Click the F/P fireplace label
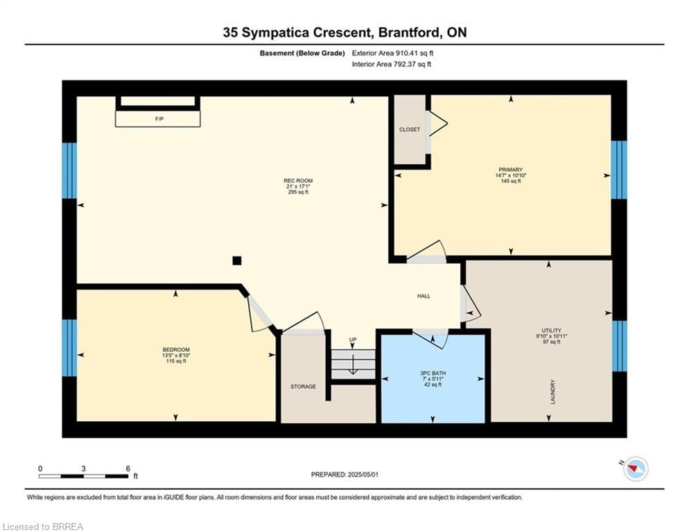click(159, 118)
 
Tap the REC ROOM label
click(298, 181)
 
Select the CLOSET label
click(410, 130)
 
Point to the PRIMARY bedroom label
click(511, 170)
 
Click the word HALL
click(424, 296)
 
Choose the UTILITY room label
click(552, 330)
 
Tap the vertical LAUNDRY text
click(552, 392)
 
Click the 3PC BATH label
click(433, 373)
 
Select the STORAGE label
click(303, 387)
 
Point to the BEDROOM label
click(176, 350)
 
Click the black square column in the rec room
click(237, 260)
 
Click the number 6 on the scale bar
click(128, 468)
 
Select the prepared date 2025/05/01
click(363, 475)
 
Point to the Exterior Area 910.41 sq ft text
click(392, 53)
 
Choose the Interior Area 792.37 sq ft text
click(391, 64)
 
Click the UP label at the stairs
click(352, 339)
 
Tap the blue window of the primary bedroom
click(619, 170)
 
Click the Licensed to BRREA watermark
click(42, 526)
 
